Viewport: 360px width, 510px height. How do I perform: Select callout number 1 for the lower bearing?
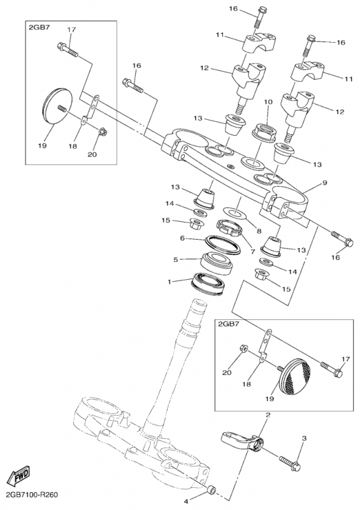point(169,282)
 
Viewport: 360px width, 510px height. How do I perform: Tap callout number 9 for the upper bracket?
point(324,183)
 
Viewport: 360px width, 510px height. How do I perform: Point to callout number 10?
point(268,102)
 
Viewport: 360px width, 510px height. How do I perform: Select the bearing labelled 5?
point(217,261)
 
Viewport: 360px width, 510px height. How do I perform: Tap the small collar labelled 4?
point(212,499)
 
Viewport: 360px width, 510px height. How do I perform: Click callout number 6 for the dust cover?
point(182,238)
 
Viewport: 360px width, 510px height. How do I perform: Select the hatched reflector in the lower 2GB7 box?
point(295,377)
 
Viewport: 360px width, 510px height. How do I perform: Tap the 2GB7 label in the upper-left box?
point(40,27)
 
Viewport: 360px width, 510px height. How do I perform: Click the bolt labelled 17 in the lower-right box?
point(331,369)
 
